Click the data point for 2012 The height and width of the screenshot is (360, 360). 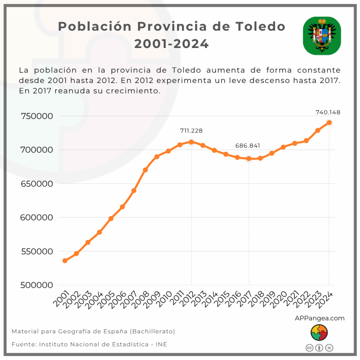point(192,142)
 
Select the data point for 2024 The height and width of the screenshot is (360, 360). point(329,122)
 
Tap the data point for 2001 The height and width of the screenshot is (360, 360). point(65,261)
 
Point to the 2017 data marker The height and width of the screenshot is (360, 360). point(249,158)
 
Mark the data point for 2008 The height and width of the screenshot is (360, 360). point(145,170)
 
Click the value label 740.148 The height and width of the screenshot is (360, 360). point(328,112)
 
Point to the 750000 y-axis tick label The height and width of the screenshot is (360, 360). point(36,116)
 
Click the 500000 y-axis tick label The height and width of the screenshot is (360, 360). point(36,285)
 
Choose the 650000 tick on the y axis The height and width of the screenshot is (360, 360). point(36,183)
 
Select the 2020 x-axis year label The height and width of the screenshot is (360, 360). point(279,300)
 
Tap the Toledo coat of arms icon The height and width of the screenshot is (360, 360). point(322,36)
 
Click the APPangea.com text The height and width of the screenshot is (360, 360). point(319,318)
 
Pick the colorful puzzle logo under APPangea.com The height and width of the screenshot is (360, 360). point(319,332)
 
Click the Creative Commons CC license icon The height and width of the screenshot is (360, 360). point(310,348)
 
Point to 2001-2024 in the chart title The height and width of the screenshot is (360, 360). point(171,44)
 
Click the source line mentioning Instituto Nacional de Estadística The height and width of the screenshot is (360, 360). point(89,344)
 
